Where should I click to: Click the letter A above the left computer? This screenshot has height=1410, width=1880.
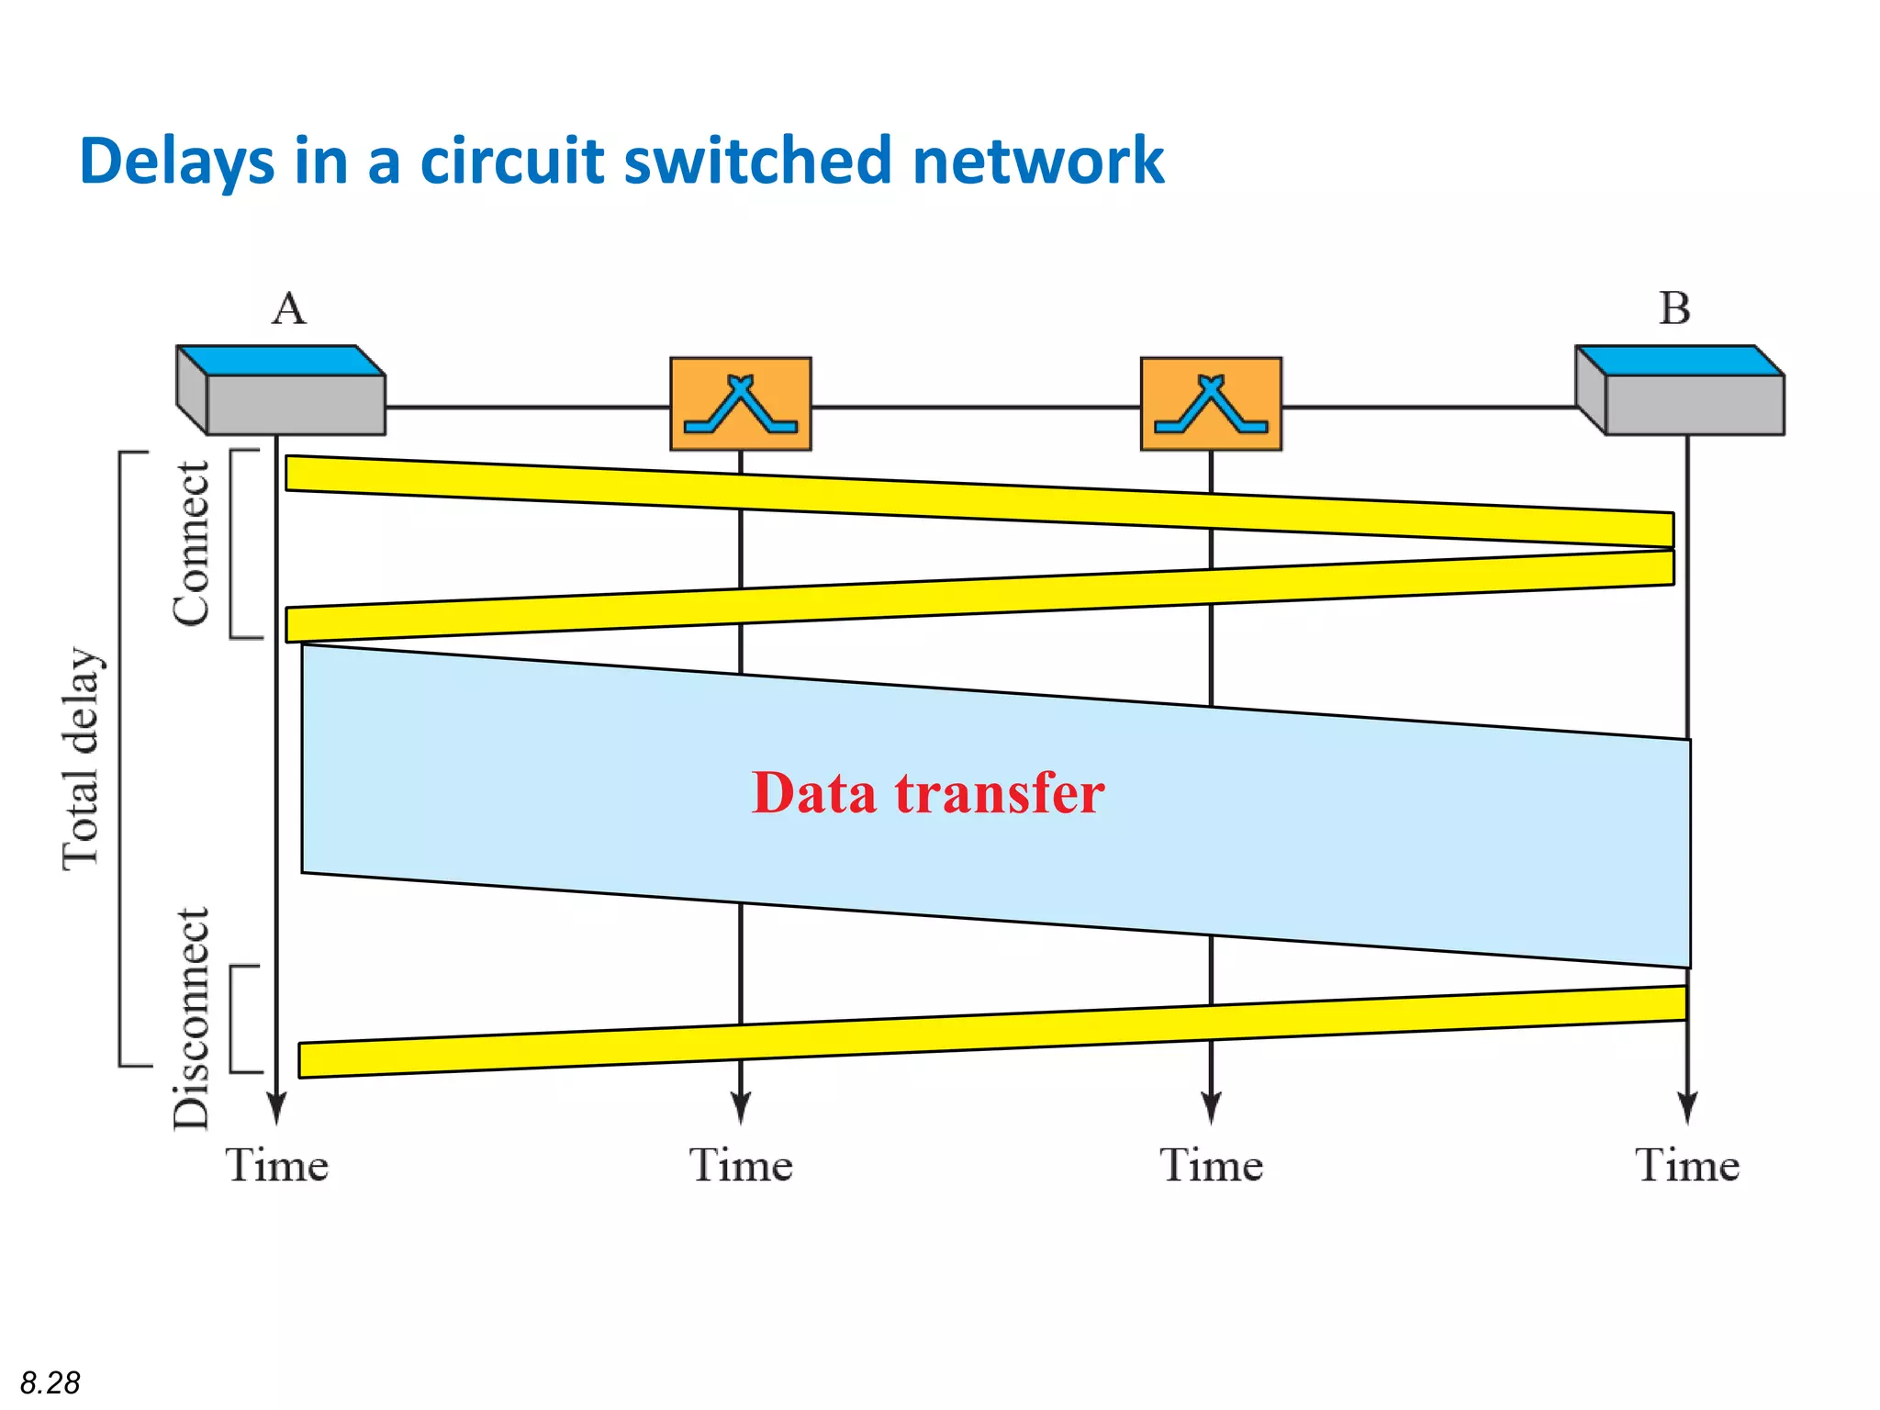click(x=289, y=308)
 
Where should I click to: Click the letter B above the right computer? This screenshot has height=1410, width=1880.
click(x=1674, y=308)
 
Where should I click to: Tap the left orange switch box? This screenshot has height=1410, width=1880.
click(x=741, y=404)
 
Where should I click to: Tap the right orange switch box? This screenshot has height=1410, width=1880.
click(x=1211, y=404)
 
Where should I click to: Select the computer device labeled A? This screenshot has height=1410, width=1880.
click(x=281, y=391)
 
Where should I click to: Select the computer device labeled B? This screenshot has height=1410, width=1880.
click(x=1680, y=391)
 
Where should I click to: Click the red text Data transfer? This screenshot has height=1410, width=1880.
click(x=928, y=793)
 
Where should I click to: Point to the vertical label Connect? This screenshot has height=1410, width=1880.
click(x=192, y=544)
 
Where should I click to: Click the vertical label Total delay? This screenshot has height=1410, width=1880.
click(x=81, y=758)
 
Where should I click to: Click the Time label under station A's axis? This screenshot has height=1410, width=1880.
click(x=277, y=1166)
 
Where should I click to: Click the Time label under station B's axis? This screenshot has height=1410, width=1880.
click(x=1687, y=1166)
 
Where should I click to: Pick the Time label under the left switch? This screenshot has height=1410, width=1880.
click(x=741, y=1166)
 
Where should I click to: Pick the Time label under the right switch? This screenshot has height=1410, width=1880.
click(x=1211, y=1166)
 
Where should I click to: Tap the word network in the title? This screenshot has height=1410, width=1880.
click(x=1037, y=161)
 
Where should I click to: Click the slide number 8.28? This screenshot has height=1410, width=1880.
click(x=50, y=1382)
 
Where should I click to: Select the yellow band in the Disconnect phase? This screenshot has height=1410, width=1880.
click(x=991, y=1032)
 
